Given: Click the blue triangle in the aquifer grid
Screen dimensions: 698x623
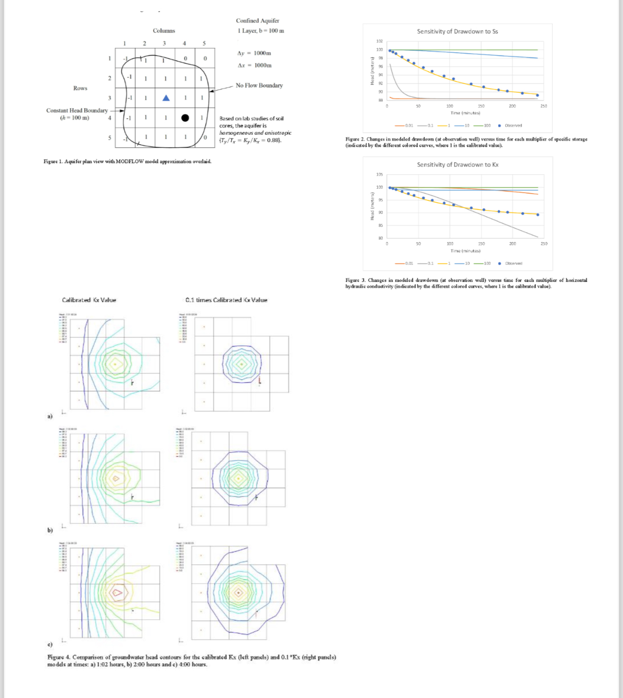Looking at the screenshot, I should pyautogui.click(x=166, y=98).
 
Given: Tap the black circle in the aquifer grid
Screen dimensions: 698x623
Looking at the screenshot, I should pyautogui.click(x=185, y=118).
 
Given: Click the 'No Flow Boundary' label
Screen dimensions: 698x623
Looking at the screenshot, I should pyautogui.click(x=259, y=85).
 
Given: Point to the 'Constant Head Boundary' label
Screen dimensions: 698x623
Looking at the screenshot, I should pyautogui.click(x=77, y=111).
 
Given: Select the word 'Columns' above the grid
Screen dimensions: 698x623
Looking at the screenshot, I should pyautogui.click(x=164, y=30).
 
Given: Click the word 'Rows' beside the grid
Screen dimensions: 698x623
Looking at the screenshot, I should pyautogui.click(x=80, y=88).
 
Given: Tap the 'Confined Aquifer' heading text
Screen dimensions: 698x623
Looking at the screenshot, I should pyautogui.click(x=257, y=21).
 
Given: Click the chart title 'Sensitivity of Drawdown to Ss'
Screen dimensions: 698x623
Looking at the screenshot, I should pyautogui.click(x=457, y=31).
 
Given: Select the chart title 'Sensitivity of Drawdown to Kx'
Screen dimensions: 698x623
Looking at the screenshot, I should pyautogui.click(x=457, y=165).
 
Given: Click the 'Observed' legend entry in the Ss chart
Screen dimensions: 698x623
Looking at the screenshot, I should pyautogui.click(x=513, y=126).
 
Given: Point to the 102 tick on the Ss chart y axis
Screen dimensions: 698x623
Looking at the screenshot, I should pyautogui.click(x=379, y=42).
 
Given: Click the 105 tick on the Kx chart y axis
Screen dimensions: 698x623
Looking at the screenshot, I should pyautogui.click(x=379, y=174).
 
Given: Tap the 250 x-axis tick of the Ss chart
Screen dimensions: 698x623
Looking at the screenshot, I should pyautogui.click(x=543, y=106).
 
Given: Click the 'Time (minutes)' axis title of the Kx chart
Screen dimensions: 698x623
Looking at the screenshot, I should pyautogui.click(x=465, y=251).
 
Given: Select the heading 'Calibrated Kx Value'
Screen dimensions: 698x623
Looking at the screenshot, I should pyautogui.click(x=89, y=300).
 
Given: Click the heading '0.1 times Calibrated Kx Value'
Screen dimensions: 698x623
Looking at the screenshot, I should pyautogui.click(x=226, y=300).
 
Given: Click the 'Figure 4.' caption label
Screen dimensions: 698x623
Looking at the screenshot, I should pyautogui.click(x=58, y=657).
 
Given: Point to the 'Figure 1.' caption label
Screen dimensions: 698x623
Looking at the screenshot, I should pyautogui.click(x=53, y=161).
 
